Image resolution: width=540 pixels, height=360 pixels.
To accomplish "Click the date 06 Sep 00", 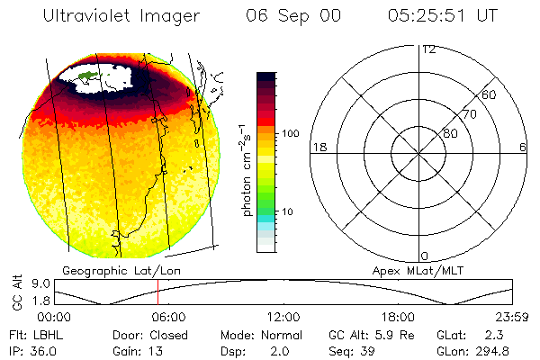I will (284, 16).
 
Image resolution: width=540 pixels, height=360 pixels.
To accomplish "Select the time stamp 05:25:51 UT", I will (441, 16).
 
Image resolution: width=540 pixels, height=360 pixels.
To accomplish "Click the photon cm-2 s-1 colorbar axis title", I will (245, 171).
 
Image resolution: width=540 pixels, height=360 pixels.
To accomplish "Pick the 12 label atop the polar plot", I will (429, 49).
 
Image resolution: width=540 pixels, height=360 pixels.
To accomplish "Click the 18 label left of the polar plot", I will (318, 147).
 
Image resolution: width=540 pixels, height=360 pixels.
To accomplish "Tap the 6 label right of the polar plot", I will (523, 147).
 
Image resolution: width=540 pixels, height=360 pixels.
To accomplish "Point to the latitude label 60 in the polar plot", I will (489, 94).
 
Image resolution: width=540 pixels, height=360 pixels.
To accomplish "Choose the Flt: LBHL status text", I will (34, 335).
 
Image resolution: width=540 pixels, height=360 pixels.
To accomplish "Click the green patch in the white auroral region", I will (86, 79).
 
